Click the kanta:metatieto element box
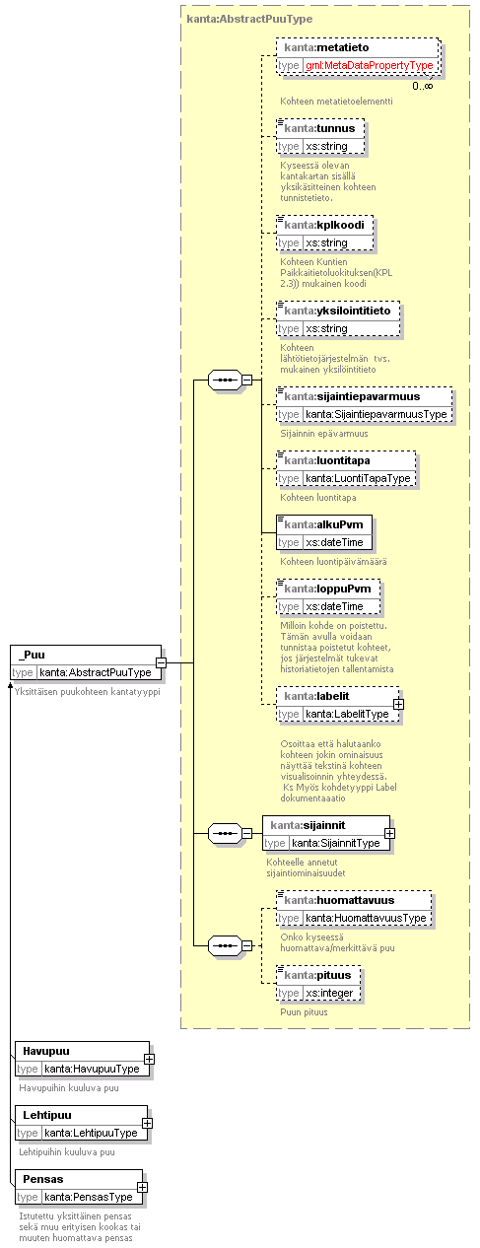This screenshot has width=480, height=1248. coord(358,56)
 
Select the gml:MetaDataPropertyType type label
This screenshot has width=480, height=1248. coord(370,65)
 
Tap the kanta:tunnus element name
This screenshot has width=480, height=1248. coord(319,128)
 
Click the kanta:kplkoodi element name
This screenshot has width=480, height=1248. coord(324,225)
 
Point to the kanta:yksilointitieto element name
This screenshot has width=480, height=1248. coord(337,311)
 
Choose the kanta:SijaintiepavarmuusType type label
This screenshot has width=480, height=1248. coord(377,414)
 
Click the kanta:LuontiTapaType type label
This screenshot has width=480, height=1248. coord(358,478)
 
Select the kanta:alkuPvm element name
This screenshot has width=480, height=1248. coord(323,524)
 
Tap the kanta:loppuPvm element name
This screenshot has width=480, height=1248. coord(327,589)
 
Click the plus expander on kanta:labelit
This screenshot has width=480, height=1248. coord(398,704)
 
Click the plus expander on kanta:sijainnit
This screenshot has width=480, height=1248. coord(389,834)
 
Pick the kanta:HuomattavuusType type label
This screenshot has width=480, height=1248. coord(366,918)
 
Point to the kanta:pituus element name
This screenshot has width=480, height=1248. coord(318,975)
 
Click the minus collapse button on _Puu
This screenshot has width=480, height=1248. coord(161,663)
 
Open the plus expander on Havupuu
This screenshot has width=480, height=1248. coord(149,1059)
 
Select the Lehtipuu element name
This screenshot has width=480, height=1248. coord(47,1115)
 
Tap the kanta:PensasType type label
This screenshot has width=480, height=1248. coord(89,1197)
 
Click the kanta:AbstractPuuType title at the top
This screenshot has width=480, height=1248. coord(249,19)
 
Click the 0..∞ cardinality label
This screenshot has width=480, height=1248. coord(423,86)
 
